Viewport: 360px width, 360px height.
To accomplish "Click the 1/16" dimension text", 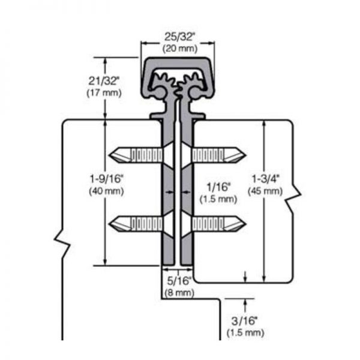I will tap(215, 187).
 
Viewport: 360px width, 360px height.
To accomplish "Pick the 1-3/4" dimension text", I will tap(265, 179).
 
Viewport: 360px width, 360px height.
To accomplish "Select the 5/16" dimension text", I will tap(178, 280).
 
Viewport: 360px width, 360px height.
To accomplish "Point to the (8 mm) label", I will tap(178, 292).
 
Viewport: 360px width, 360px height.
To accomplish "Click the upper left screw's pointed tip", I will tap(112, 155).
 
